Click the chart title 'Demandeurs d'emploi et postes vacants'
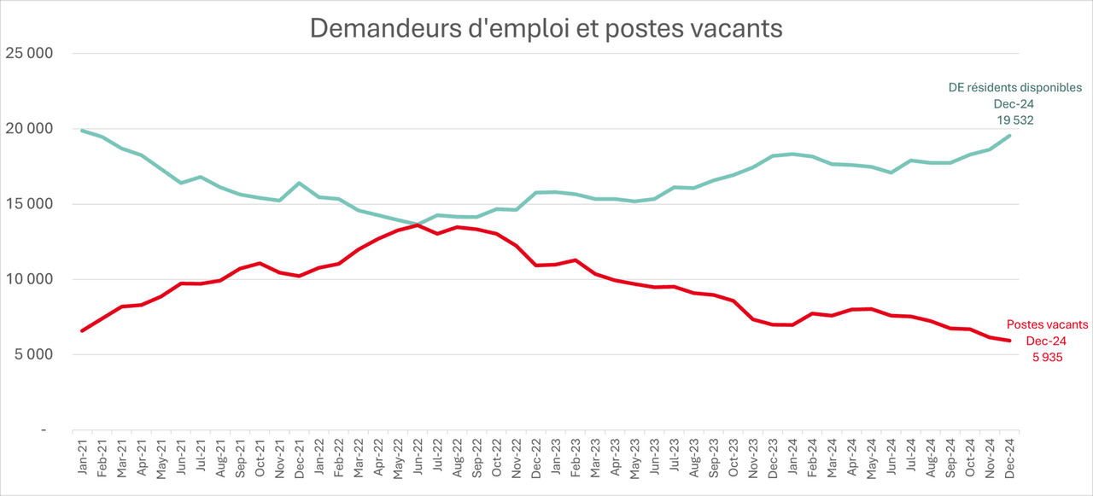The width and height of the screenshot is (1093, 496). [546, 28]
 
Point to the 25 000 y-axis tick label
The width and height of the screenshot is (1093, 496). [30, 53]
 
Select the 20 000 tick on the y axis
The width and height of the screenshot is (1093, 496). [30, 129]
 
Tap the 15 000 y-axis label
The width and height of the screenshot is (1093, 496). [30, 204]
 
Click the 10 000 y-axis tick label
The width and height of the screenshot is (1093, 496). [30, 279]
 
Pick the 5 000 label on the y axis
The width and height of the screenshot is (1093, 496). [33, 354]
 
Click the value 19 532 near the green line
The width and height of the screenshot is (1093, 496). [1015, 120]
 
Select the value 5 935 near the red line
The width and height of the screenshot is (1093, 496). [1047, 358]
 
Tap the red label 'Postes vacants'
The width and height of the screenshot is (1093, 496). [1047, 324]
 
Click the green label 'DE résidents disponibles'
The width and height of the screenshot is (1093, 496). [1015, 87]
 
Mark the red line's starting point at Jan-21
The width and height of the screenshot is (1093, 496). [82, 330]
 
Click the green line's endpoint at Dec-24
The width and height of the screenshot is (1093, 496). [1010, 136]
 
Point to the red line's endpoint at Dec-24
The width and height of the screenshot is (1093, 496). [1010, 341]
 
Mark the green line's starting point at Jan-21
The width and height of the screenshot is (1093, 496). [82, 131]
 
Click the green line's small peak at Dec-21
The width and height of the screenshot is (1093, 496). [299, 183]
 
